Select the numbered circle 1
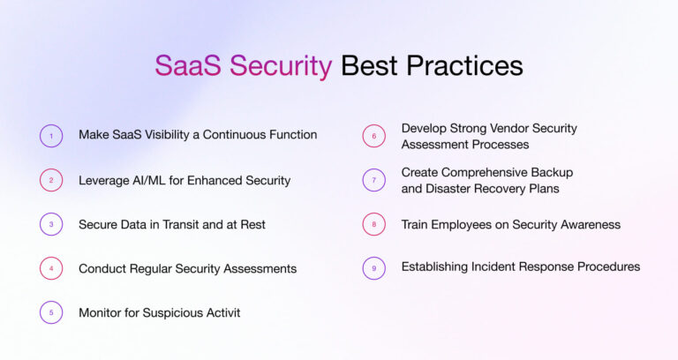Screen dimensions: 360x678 click(51, 136)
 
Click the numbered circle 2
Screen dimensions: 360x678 click(51, 180)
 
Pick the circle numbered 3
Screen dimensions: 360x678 click(51, 224)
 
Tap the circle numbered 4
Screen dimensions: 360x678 click(51, 268)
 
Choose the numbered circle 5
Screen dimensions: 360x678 click(51, 312)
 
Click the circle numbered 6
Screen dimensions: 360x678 click(374, 136)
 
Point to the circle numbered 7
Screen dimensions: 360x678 click(374, 180)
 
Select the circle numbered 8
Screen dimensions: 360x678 click(374, 224)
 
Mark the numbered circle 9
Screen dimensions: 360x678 click(374, 267)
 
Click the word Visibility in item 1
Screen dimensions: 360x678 click(176, 135)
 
